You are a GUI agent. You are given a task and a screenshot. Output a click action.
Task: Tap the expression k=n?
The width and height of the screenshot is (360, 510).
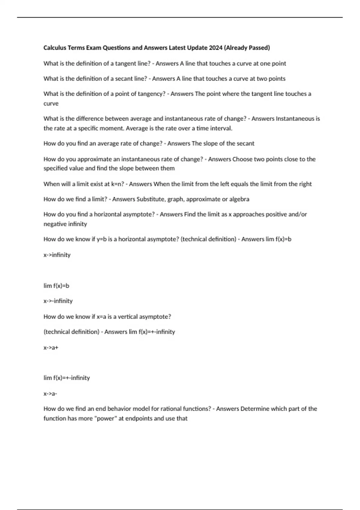(118, 184)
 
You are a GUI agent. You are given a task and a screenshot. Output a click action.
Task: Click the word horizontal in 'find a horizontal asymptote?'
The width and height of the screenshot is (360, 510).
(108, 214)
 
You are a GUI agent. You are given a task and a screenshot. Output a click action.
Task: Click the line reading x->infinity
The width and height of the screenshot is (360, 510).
(57, 255)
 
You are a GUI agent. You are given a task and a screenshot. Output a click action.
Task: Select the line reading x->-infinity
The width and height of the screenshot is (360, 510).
(58, 301)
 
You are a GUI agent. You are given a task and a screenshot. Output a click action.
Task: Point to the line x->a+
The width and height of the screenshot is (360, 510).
(51, 348)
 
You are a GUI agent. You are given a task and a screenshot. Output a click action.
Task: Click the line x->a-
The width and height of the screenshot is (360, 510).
(50, 394)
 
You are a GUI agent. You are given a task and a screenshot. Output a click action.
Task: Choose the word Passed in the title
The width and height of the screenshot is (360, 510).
(259, 48)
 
